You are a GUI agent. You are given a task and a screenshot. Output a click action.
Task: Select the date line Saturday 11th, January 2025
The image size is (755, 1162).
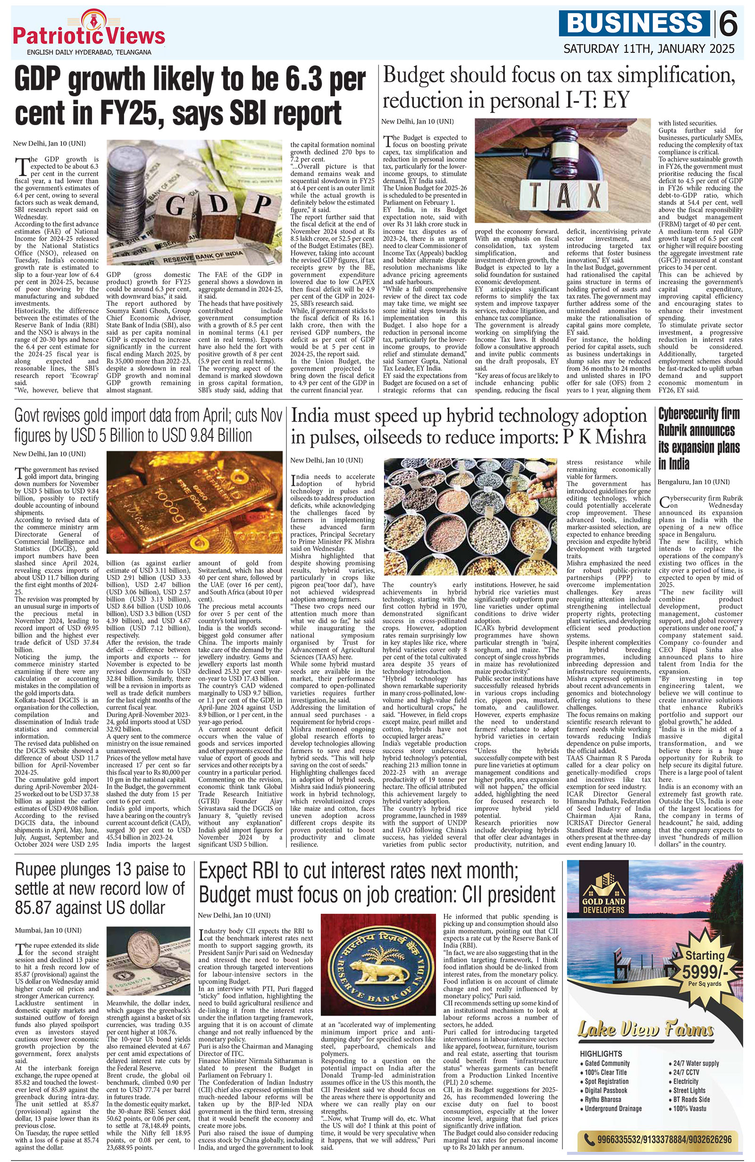(649, 49)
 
